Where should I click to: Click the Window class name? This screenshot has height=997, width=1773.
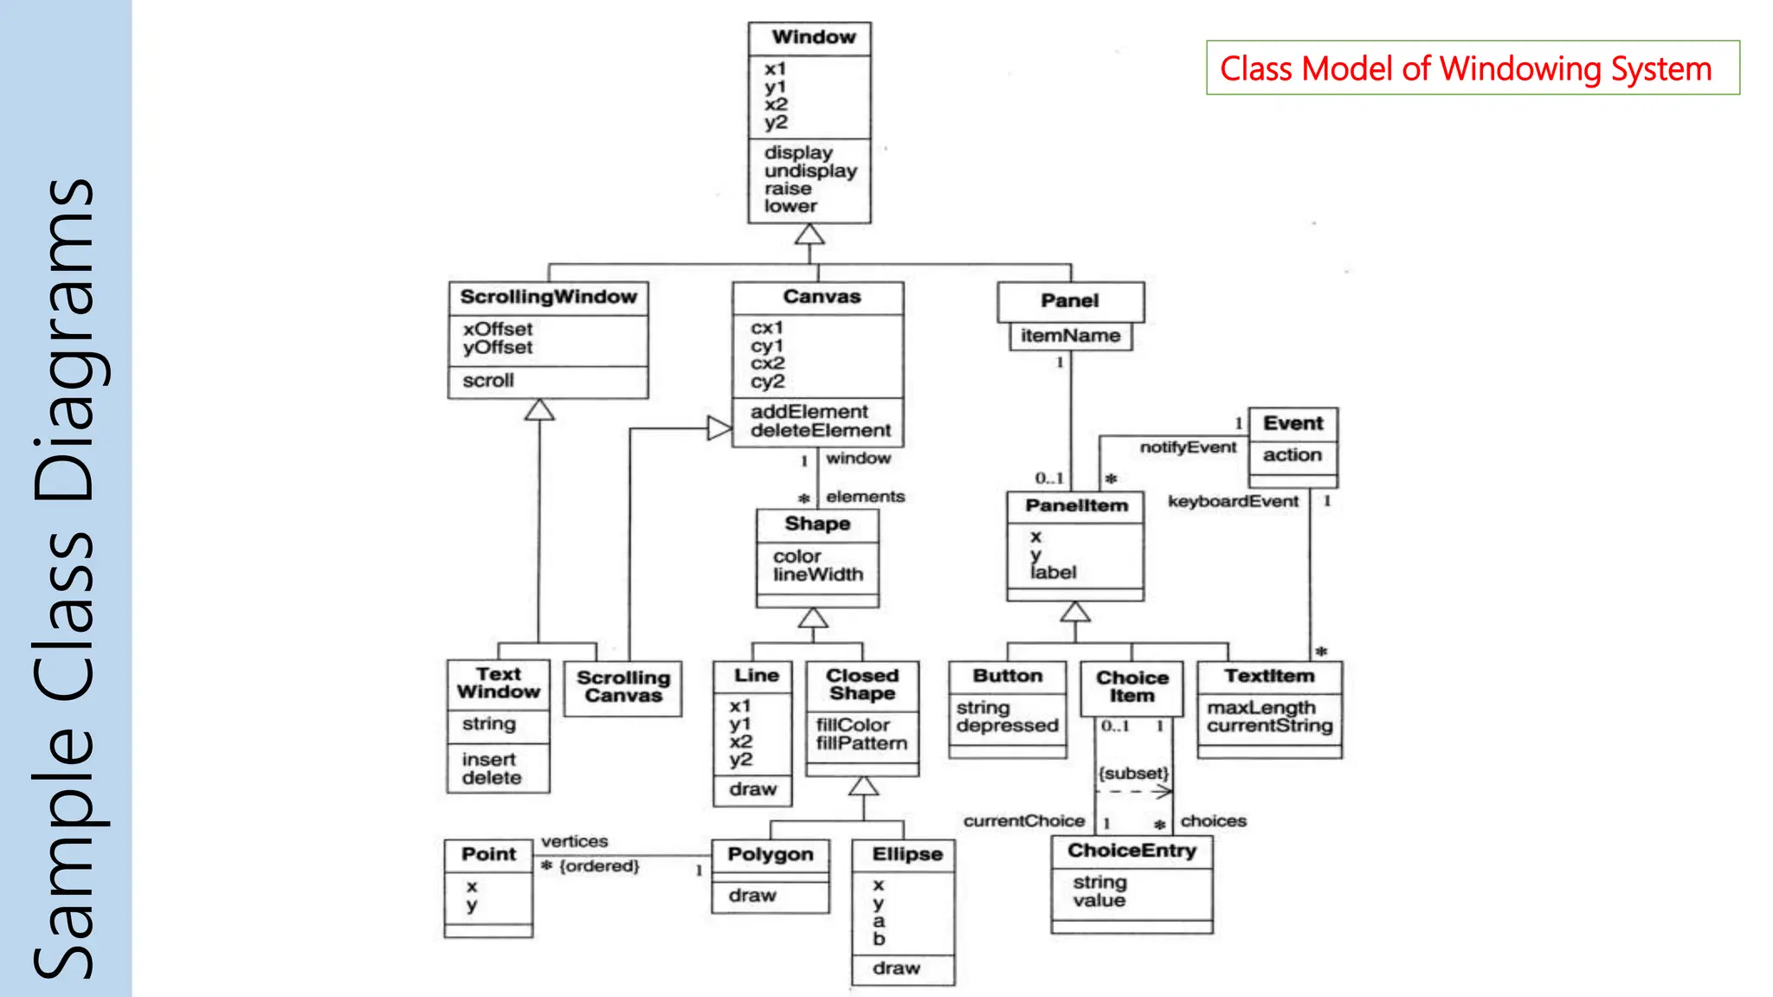pos(813,37)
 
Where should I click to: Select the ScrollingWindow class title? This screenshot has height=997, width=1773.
pos(548,297)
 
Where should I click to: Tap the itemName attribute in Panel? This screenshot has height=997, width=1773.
pos(1070,336)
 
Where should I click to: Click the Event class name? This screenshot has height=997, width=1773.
pos(1293,423)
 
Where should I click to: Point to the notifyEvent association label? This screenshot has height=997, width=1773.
pos(1188,447)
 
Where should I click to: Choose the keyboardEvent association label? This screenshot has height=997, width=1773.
pos(1233,502)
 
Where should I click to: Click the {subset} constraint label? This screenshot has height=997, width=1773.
pos(1133,773)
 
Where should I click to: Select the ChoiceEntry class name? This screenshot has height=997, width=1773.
pos(1131,851)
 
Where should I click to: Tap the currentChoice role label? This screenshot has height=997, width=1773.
pos(1023,821)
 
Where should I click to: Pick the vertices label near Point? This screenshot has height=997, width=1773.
pos(574,841)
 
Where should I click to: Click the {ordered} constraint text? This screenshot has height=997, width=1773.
pos(599,866)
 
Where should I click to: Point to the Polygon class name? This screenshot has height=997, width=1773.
pos(770,855)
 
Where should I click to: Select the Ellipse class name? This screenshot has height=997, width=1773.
pos(906,854)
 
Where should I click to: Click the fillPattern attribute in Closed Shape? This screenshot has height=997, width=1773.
pos(861,743)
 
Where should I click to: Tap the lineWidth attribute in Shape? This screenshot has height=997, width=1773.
pos(818,575)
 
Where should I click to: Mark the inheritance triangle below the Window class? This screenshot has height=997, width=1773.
pos(809,235)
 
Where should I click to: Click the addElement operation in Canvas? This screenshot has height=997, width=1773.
pos(809,412)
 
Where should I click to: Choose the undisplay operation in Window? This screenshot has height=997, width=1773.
pos(810,171)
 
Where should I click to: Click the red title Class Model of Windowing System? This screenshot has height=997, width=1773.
pos(1466,68)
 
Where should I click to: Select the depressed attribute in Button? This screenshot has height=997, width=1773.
pos(1007,726)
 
